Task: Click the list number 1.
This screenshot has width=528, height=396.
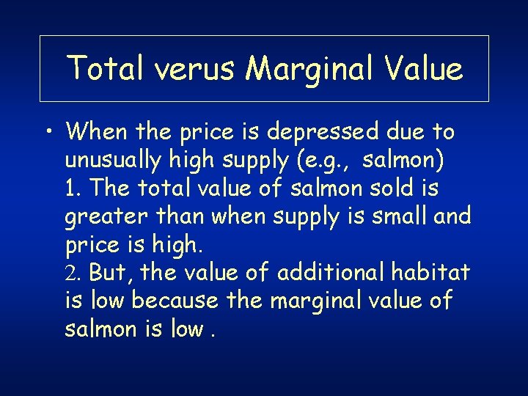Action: point(70,188)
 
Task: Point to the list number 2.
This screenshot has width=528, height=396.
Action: point(70,272)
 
